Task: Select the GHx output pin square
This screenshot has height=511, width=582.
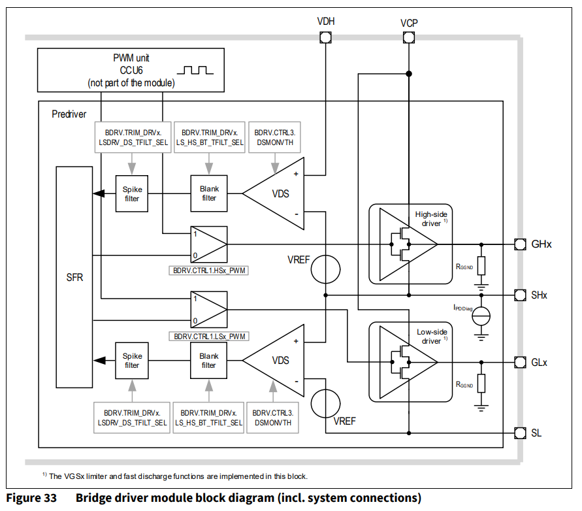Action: (520, 244)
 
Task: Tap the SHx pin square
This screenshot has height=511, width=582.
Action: (520, 295)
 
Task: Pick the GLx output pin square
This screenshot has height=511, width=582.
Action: (520, 361)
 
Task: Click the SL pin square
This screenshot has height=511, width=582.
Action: (520, 433)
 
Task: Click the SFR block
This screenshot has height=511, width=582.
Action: (74, 277)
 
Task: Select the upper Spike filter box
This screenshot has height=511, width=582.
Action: (132, 194)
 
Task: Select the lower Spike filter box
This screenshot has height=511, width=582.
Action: (132, 361)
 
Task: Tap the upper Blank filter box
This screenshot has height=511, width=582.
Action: (209, 193)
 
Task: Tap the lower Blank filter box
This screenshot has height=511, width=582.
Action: (209, 361)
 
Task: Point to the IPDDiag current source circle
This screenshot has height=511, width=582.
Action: (481, 316)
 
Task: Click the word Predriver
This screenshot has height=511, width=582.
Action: (69, 114)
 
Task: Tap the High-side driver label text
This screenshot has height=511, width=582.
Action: (431, 219)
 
